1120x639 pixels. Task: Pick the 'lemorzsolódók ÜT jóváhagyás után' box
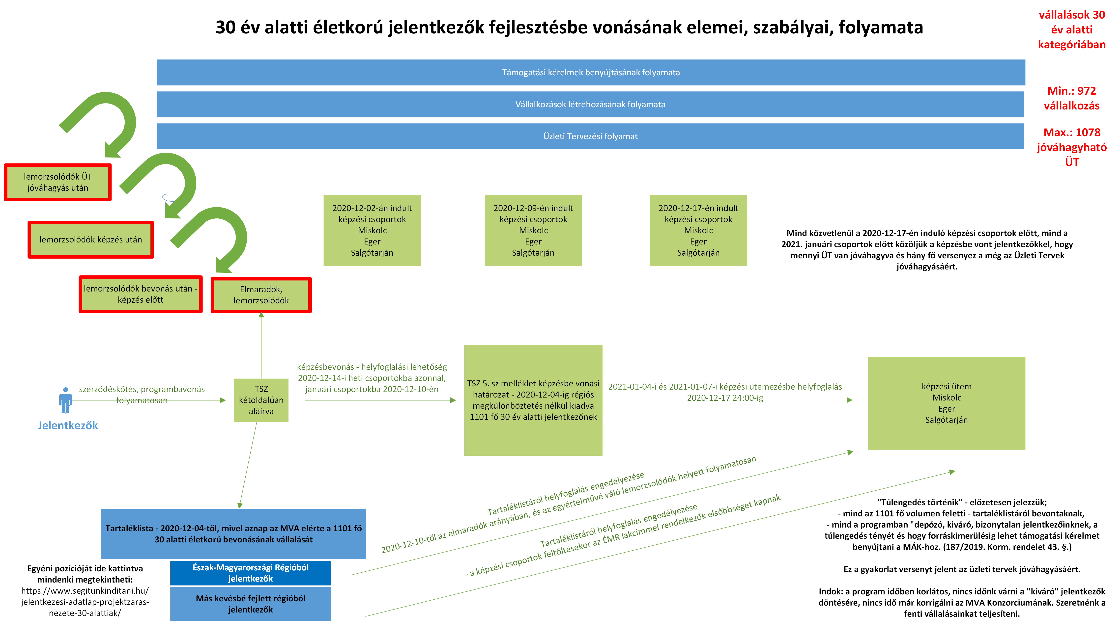click(x=57, y=182)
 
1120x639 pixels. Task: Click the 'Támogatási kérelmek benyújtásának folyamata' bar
click(x=591, y=72)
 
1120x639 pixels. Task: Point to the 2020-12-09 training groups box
click(x=533, y=230)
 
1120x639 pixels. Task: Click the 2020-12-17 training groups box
click(x=698, y=230)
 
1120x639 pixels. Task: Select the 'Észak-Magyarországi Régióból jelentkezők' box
click(x=250, y=573)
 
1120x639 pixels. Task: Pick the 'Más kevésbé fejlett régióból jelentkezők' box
click(x=250, y=604)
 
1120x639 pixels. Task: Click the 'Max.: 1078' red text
click(x=1072, y=133)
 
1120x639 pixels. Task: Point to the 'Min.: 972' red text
click(x=1072, y=91)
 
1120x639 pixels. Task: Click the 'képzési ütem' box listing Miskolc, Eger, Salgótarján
click(x=946, y=403)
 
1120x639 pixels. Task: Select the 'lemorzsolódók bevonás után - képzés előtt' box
click(x=141, y=294)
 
